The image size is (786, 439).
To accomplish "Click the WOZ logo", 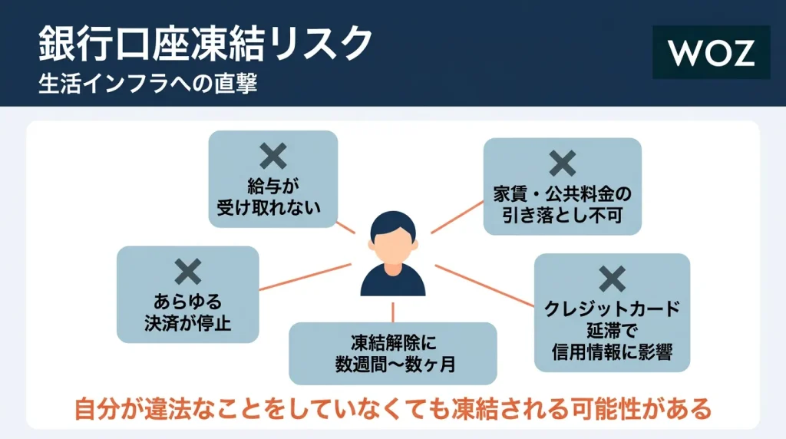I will [711, 53].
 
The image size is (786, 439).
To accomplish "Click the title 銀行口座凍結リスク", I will [205, 45].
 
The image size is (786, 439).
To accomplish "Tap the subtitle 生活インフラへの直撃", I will [147, 84].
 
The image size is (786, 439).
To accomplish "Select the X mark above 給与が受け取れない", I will [272, 157].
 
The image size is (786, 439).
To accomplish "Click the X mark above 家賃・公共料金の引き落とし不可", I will [562, 163].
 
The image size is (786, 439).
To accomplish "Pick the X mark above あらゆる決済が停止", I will [187, 272].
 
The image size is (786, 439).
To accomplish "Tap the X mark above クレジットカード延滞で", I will [612, 279].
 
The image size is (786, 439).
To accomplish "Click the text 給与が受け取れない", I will [272, 196].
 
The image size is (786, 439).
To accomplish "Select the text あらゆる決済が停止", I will [187, 312].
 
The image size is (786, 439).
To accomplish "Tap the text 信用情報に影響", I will [612, 352].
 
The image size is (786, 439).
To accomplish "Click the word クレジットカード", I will [612, 310].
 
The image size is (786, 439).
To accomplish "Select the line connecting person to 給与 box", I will [347, 228].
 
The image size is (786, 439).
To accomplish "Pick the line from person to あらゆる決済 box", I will [304, 277].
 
